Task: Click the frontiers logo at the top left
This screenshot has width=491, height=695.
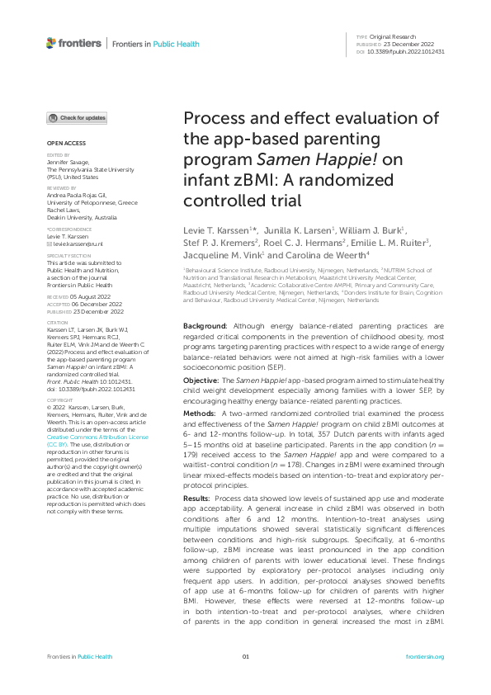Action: pos(74,43)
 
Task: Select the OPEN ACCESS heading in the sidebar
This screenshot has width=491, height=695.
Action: pos(63,144)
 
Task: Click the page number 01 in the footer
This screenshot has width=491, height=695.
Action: pos(245,656)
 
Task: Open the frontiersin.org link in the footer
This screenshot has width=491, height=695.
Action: pos(427,656)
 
